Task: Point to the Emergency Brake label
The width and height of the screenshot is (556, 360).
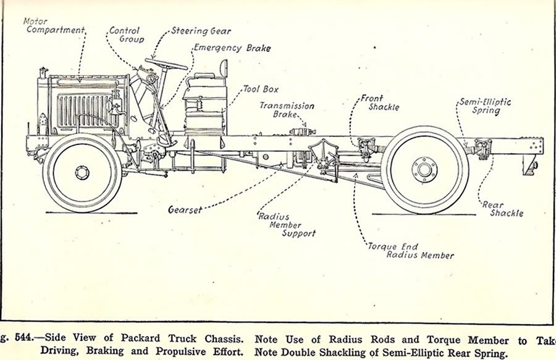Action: click(232, 48)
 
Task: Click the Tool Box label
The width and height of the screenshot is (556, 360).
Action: click(260, 90)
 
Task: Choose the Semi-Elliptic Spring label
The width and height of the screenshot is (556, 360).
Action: click(485, 106)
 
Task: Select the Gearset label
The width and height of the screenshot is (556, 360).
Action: click(185, 210)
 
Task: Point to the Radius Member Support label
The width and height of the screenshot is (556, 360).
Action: click(286, 225)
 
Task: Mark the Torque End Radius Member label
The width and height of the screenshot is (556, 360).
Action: click(410, 251)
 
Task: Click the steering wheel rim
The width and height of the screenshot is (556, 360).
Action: click(166, 63)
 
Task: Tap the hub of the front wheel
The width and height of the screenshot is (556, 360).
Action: click(82, 172)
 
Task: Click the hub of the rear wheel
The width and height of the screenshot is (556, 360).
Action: click(424, 169)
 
